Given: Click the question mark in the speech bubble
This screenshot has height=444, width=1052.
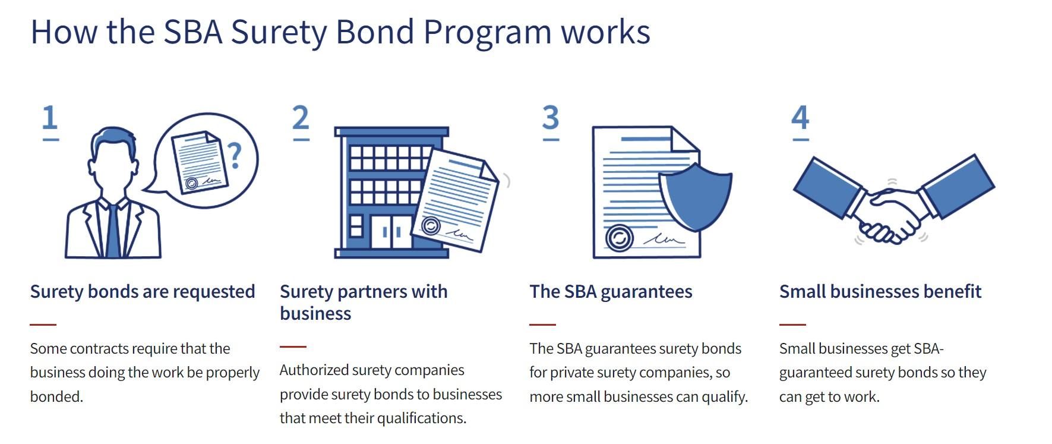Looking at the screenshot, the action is [x=236, y=156].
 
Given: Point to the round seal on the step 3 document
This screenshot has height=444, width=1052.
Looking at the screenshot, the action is [x=620, y=238].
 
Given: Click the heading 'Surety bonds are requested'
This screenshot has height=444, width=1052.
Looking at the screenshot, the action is [x=143, y=292].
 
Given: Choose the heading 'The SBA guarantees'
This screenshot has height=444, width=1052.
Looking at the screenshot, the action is [x=611, y=292].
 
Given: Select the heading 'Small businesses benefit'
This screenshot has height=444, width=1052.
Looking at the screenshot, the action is [x=880, y=292].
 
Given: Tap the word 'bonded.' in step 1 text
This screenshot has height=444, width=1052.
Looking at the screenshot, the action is [x=56, y=396].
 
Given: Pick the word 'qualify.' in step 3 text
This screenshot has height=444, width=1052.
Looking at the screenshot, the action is [x=725, y=397].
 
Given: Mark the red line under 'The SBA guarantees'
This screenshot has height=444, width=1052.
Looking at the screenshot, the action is [x=542, y=325].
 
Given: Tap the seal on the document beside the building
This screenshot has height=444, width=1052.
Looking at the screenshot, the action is [x=431, y=226].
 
